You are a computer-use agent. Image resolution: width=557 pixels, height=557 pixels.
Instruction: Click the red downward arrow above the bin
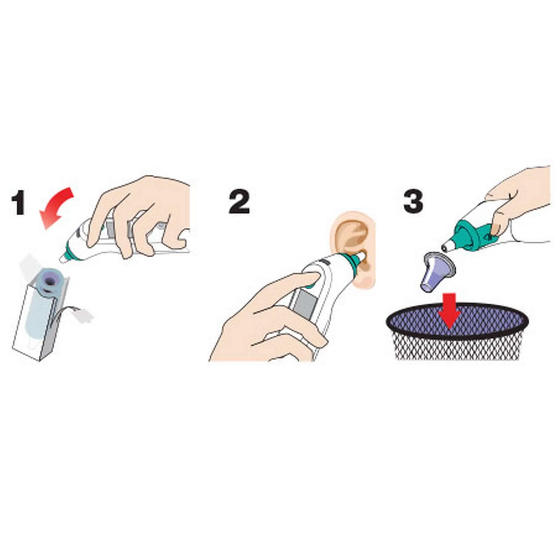point(449,311)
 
